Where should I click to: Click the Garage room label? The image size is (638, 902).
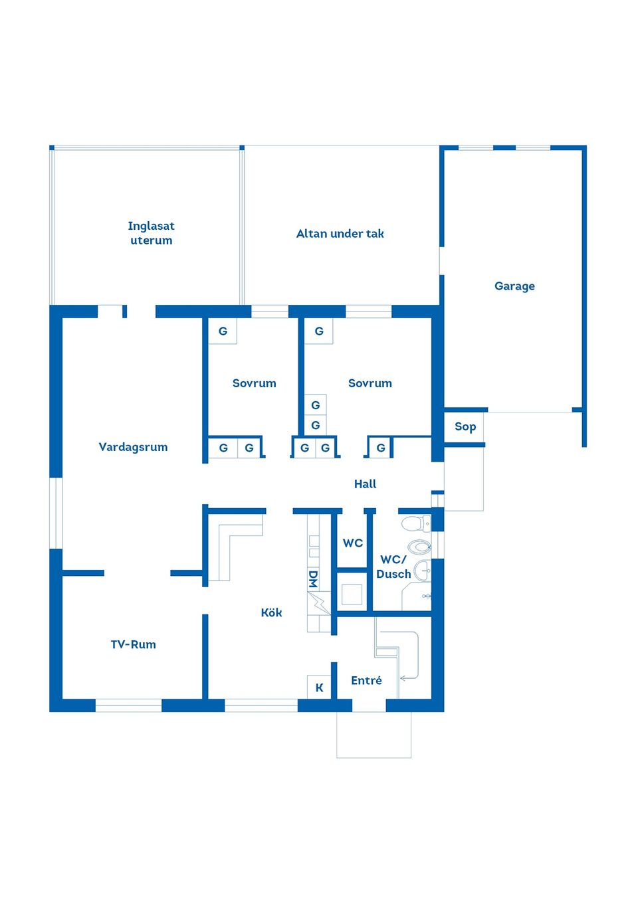[514, 286]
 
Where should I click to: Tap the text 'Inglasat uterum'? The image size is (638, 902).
[151, 233]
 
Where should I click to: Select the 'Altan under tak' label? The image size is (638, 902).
[340, 234]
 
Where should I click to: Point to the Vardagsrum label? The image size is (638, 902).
[133, 447]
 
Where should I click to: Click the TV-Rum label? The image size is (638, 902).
[133, 644]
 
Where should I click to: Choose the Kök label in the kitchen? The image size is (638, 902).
[271, 612]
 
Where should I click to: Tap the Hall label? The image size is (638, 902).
[365, 484]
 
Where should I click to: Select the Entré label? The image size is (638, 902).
[366, 680]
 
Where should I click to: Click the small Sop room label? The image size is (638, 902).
[465, 426]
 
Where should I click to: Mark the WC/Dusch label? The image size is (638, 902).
[393, 567]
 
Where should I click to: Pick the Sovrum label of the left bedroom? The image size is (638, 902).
[254, 383]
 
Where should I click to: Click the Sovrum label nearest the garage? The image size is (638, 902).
[370, 383]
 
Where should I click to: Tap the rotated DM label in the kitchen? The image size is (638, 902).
[313, 579]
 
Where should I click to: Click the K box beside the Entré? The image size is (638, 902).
[319, 687]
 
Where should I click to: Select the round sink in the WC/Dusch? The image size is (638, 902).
[421, 570]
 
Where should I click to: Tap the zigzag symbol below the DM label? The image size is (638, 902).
[319, 603]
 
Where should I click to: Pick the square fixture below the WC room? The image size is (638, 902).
[352, 594]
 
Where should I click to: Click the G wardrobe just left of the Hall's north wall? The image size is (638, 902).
[381, 448]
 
